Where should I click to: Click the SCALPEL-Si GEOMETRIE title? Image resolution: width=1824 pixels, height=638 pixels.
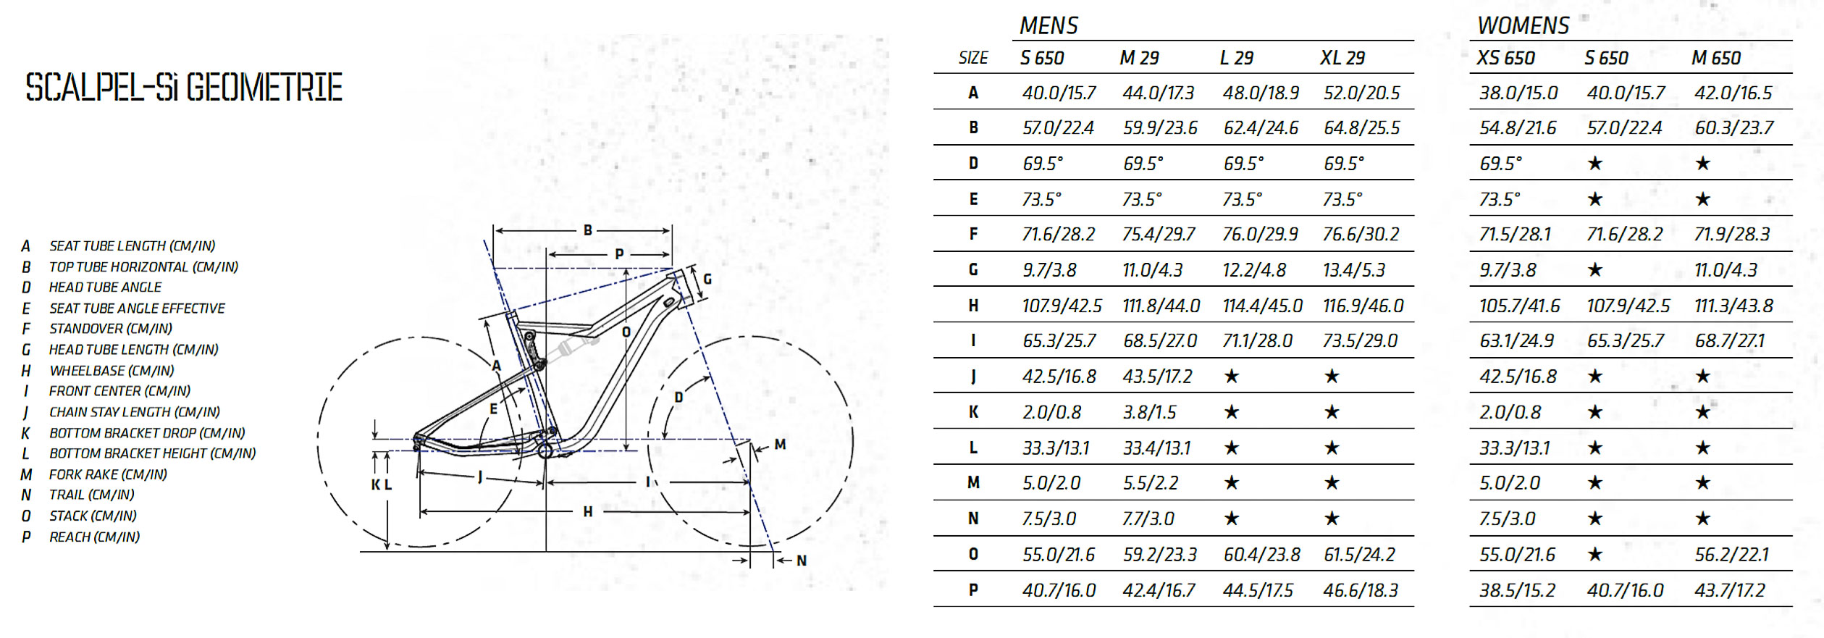pos(184,88)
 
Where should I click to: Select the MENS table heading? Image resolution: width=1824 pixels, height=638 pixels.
pos(1048,26)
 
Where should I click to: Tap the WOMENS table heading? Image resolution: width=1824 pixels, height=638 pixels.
pos(1523,26)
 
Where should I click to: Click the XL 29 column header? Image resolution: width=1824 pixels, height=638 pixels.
pos(1342,58)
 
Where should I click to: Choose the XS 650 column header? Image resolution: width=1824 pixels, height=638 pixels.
pos(1505,58)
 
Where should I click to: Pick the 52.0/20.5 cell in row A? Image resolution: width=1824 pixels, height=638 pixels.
pos(1361,93)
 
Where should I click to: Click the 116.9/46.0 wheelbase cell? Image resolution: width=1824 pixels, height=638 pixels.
pos(1363,306)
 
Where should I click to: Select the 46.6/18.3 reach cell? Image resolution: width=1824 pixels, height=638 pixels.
pos(1361,590)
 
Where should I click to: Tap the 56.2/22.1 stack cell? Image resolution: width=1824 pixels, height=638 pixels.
pos(1731,555)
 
